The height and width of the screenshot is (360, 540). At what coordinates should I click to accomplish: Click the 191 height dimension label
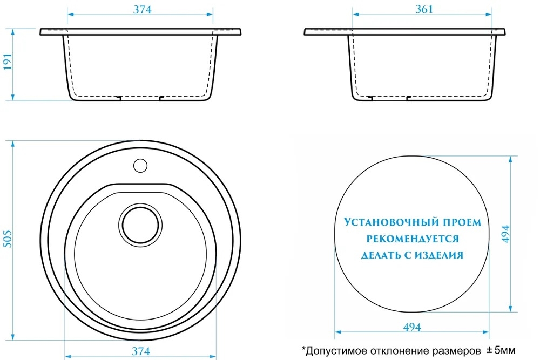point(8,62)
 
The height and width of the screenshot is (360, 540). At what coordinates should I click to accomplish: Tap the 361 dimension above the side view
point(424,9)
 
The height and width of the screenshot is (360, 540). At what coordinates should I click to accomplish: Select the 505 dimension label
point(8,239)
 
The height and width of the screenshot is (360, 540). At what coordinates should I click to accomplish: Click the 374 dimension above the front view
point(142,10)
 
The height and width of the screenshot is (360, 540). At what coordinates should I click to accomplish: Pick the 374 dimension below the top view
point(141,351)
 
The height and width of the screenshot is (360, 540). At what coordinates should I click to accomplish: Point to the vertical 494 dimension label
point(505,234)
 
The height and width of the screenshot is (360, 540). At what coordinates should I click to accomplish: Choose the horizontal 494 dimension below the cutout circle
point(412,327)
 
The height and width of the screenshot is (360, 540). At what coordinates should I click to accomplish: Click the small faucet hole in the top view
point(140,166)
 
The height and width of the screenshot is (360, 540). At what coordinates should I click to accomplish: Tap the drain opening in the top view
point(140,225)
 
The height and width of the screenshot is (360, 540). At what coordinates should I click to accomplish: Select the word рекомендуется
point(413,239)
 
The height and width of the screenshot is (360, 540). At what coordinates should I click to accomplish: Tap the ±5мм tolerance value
point(501,351)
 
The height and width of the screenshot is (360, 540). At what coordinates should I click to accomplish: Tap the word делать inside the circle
point(380,255)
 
